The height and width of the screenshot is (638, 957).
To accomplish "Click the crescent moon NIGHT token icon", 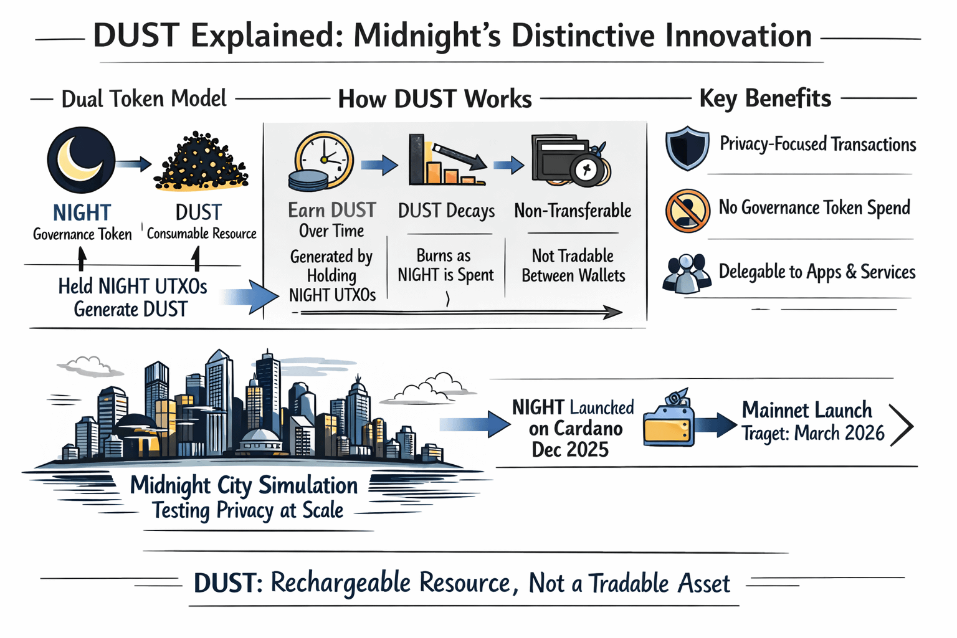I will [x=81, y=159].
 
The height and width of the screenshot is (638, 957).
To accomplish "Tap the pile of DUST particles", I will [x=201, y=161].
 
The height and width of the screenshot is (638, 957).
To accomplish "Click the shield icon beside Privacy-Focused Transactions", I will [x=687, y=148].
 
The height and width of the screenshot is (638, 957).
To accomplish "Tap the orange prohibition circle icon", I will [x=687, y=211].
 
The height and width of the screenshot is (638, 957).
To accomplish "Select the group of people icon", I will [x=687, y=274].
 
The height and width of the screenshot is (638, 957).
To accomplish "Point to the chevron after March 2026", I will [x=902, y=426].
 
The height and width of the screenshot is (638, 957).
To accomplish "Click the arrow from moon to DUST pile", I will [x=133, y=164].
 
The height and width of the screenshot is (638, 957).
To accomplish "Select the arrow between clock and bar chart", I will [x=379, y=164].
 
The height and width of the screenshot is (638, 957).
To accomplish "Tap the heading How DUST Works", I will [x=435, y=99].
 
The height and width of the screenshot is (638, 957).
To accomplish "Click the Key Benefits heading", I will [x=765, y=98].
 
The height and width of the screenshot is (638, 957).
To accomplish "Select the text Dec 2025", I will [x=569, y=450].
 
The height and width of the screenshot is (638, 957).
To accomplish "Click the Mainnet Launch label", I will [x=807, y=410].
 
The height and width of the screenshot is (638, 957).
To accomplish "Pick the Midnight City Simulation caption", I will [x=244, y=485].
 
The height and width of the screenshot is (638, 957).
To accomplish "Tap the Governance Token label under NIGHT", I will [x=82, y=234].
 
